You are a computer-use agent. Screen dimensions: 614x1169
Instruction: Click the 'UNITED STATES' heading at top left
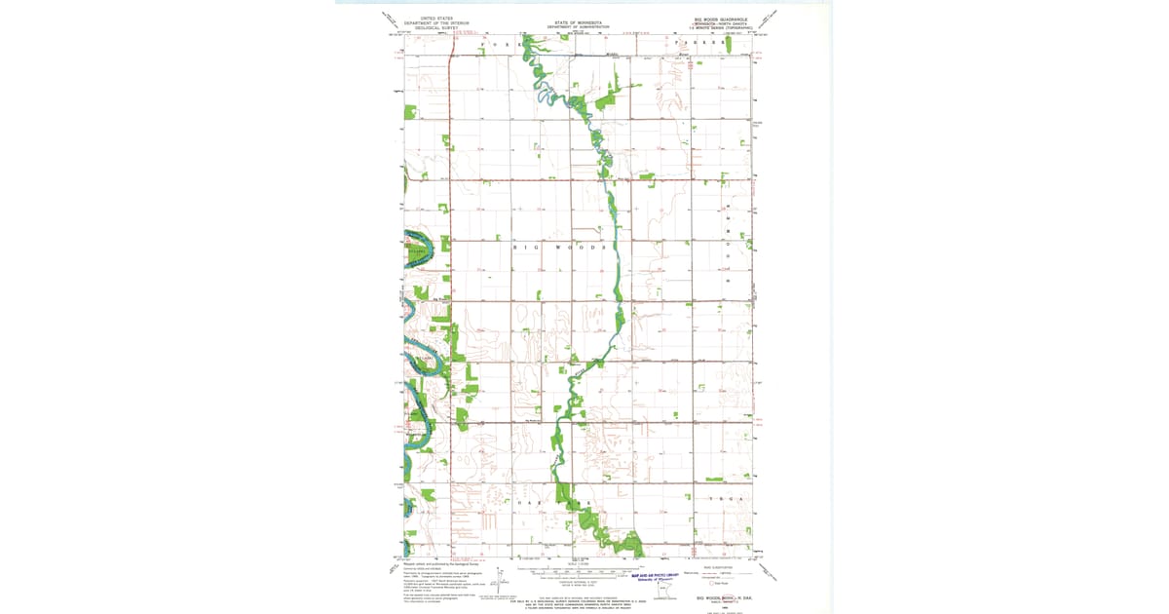click(437, 18)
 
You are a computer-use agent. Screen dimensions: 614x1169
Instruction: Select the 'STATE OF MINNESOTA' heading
click(578, 21)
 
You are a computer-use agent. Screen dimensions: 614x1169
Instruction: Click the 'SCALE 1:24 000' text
click(578, 563)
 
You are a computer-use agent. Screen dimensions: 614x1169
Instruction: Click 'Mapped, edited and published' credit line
click(434, 563)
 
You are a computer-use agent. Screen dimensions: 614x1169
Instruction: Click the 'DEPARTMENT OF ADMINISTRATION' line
click(578, 26)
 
